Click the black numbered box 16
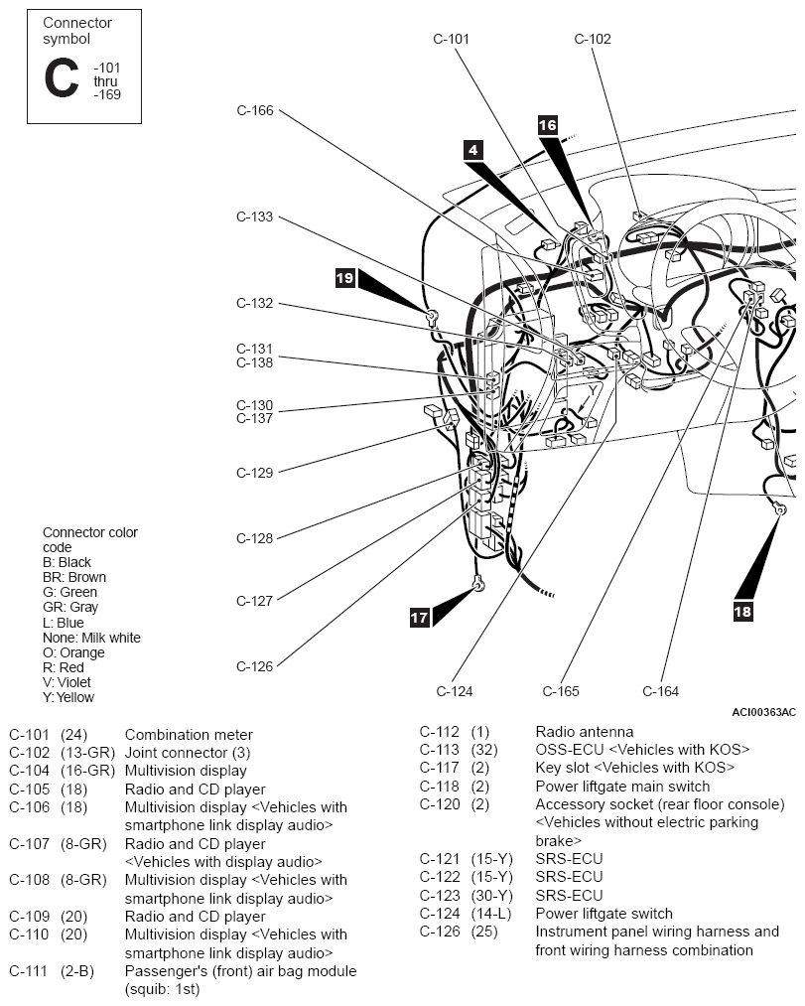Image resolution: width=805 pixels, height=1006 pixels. pos(547,125)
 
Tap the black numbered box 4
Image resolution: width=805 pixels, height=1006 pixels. pos(472,150)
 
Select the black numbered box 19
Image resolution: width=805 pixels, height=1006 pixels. pos(345,278)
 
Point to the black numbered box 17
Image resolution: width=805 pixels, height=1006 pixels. pos(420,618)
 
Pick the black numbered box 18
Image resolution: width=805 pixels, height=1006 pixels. pos(742,612)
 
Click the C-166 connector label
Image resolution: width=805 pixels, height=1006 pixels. pos(255,110)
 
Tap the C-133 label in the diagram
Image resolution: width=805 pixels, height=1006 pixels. pos(255,216)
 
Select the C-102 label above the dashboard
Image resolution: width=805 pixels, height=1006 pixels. pos(593,39)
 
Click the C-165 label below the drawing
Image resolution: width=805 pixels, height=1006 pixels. pos(561,691)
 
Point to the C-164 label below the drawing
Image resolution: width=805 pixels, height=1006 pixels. pos(661,691)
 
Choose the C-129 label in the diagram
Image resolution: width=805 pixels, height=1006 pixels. pos(255,473)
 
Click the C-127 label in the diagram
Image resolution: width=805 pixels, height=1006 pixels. pos(255,601)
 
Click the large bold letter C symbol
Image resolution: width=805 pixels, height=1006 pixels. pos(62,78)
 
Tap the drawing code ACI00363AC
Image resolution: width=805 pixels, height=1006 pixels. pos(763,712)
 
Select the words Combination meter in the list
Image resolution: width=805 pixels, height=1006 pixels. pos(189,735)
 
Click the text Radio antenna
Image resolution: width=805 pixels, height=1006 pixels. pos(585,731)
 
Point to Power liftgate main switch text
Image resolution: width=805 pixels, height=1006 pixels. pos(622,786)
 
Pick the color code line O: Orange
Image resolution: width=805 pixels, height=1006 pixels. pos(73,652)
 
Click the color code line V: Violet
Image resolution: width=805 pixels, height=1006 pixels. pos(67,682)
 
